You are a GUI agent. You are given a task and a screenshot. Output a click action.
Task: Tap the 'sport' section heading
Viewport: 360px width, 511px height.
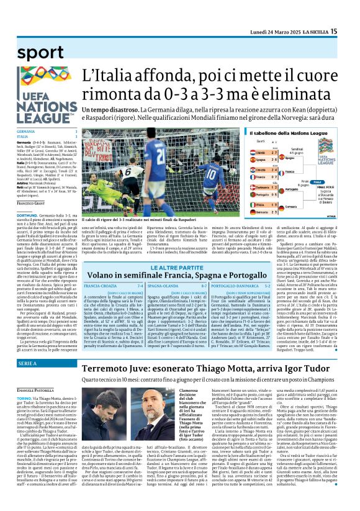click(37, 53)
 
